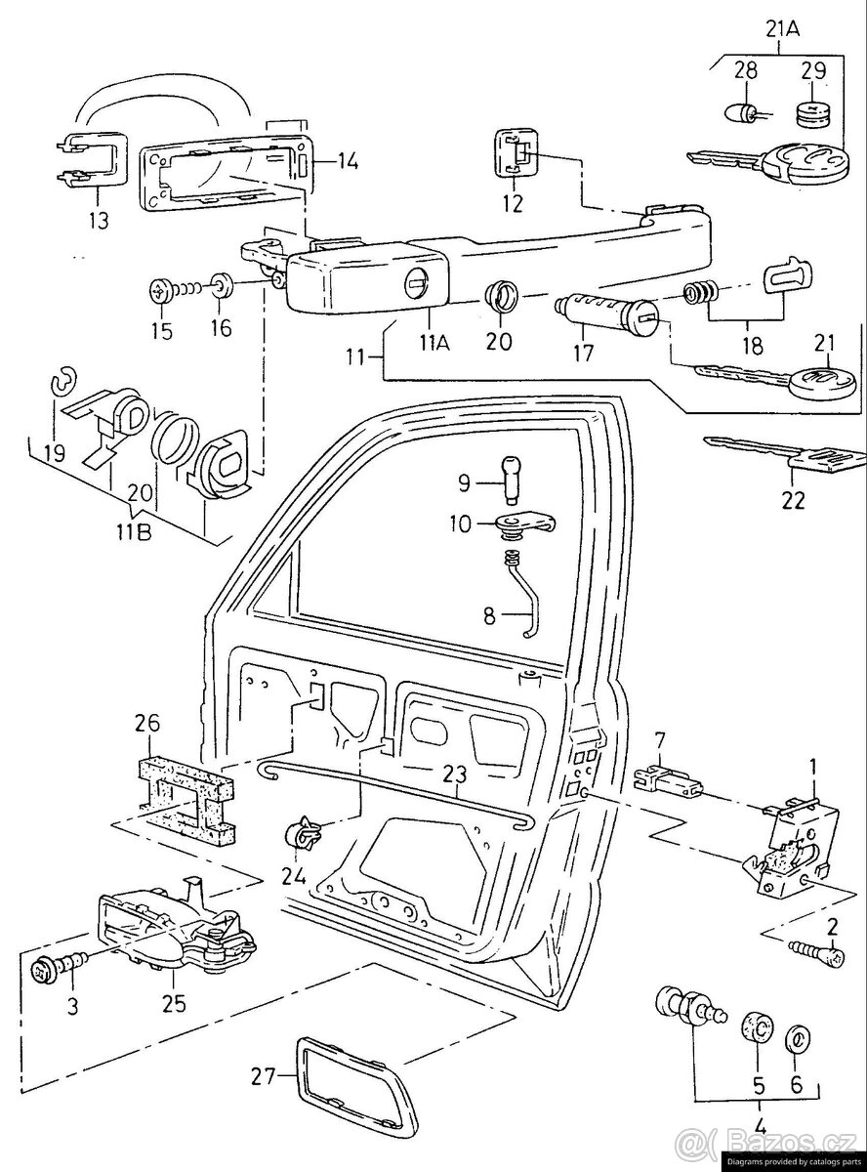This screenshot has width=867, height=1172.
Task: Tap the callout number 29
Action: coord(812,70)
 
